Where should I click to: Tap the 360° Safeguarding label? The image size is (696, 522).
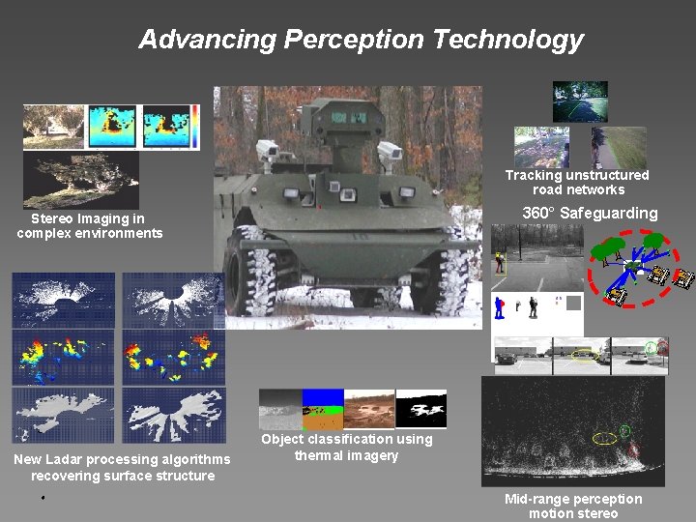click(x=590, y=213)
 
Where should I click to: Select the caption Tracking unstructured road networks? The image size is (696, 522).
click(x=577, y=182)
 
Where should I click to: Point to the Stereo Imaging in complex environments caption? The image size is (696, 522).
click(x=89, y=225)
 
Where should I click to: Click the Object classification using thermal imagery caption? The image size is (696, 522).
click(x=346, y=447)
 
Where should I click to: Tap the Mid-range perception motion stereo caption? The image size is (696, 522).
click(x=572, y=506)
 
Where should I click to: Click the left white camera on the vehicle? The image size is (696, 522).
click(x=267, y=150)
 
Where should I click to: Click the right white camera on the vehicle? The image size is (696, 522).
click(x=389, y=151)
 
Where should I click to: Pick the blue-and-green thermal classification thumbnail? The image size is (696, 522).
click(x=322, y=409)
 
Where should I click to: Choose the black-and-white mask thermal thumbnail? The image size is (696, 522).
click(x=421, y=409)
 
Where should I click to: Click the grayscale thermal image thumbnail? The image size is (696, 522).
click(x=279, y=409)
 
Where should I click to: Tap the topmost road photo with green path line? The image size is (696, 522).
click(x=580, y=101)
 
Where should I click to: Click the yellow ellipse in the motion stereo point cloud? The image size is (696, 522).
click(x=605, y=439)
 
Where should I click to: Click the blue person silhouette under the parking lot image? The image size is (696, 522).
click(x=500, y=307)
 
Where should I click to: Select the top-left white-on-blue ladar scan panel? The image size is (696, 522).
click(x=64, y=299)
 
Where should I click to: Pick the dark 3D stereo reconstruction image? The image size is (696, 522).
click(x=81, y=181)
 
